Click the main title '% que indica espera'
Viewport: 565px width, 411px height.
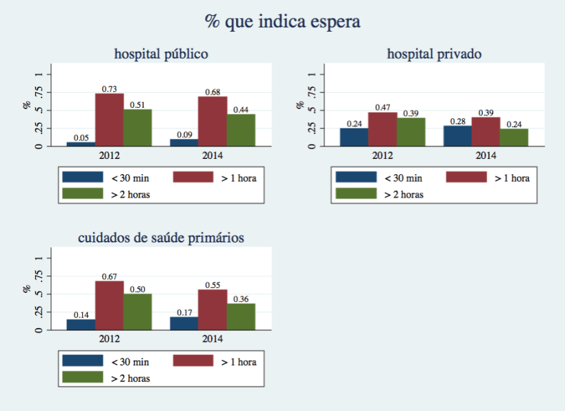click(282, 22)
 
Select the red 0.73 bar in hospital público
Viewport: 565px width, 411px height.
click(109, 120)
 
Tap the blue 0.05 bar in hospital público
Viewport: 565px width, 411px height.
click(81, 144)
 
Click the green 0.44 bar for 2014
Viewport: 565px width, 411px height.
click(241, 130)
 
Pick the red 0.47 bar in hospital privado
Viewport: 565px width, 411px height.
click(382, 129)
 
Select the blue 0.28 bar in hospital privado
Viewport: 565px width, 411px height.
click(457, 136)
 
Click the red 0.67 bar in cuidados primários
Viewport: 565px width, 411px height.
click(109, 305)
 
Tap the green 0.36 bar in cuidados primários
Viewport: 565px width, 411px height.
click(241, 316)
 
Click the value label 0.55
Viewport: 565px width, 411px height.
click(212, 285)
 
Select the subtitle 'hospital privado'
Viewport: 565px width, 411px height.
click(434, 53)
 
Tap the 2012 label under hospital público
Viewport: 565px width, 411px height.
click(109, 155)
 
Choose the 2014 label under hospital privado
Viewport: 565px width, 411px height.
click(486, 155)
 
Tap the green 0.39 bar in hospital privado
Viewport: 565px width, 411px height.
click(410, 132)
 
